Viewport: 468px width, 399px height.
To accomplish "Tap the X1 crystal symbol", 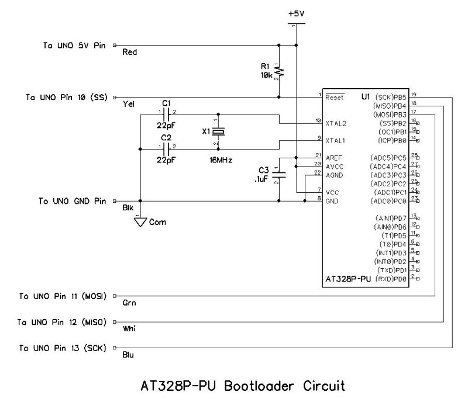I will point(218,131).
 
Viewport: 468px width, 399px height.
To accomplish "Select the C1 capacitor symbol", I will point(167,114).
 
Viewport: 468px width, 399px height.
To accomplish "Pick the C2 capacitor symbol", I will point(167,148).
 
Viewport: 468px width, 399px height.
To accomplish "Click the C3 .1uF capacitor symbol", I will point(280,174).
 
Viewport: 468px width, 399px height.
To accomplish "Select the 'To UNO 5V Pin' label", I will point(74,45).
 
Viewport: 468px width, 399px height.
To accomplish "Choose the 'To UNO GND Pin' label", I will point(72,201).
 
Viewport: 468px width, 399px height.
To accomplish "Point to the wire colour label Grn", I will point(129,304).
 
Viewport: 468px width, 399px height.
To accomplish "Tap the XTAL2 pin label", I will point(336,123).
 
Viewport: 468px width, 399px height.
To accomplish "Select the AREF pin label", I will point(334,158).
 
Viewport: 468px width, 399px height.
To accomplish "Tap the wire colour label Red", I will point(129,53).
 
